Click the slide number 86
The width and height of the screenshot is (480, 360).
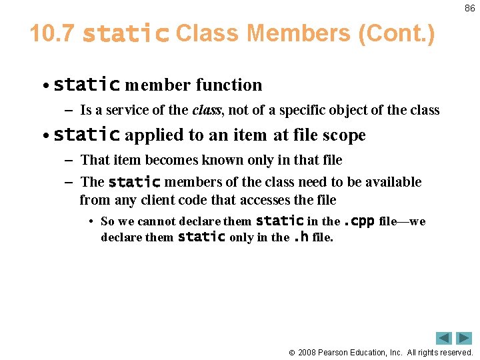[469, 9]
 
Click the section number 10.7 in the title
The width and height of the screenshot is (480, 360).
[52, 34]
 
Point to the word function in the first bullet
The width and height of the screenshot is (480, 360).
[229, 85]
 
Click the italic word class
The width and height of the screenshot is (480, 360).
[207, 110]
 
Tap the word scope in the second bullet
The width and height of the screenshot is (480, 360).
[343, 135]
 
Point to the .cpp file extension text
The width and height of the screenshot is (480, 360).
[359, 221]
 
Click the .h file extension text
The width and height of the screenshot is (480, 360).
[301, 237]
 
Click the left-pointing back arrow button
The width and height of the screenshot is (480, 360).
[444, 338]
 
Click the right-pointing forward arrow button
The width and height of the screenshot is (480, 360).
[465, 338]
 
